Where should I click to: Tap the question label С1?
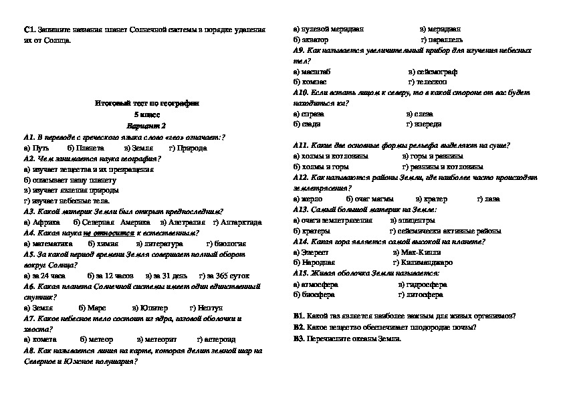pos(29,30)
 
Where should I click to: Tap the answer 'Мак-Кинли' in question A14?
pos(421,252)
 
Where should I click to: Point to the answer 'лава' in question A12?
pos(491,199)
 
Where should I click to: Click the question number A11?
pos(300,145)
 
